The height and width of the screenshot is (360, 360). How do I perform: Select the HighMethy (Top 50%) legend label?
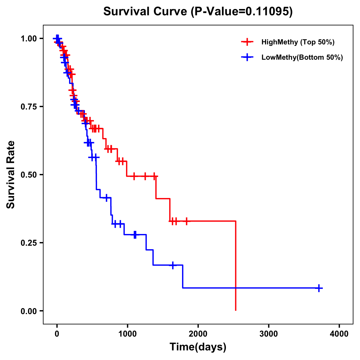[x=298, y=42]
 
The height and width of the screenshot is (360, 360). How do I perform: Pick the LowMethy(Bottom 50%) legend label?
[x=302, y=57]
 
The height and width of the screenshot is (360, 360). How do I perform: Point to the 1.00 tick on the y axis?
[x=28, y=38]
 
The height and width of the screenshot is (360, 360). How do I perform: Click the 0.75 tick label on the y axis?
[x=28, y=106]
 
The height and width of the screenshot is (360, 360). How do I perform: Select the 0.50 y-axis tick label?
[x=28, y=175]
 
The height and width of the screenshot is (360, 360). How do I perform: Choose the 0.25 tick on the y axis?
[x=28, y=243]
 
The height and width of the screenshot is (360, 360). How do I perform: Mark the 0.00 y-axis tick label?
[x=28, y=311]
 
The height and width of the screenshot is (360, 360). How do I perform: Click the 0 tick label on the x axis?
[x=57, y=334]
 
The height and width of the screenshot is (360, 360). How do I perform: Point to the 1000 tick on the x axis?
[x=127, y=334]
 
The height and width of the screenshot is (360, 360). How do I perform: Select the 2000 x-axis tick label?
[x=198, y=334]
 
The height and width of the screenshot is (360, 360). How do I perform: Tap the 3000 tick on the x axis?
[x=268, y=334]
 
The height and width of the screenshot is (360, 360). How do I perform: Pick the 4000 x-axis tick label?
[x=339, y=334]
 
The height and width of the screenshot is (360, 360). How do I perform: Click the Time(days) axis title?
[x=198, y=347]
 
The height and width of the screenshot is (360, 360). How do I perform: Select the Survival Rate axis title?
[x=11, y=175]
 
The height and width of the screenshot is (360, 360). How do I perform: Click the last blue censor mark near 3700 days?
[x=319, y=288]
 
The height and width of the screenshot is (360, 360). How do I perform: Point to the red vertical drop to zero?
[x=236, y=267]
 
